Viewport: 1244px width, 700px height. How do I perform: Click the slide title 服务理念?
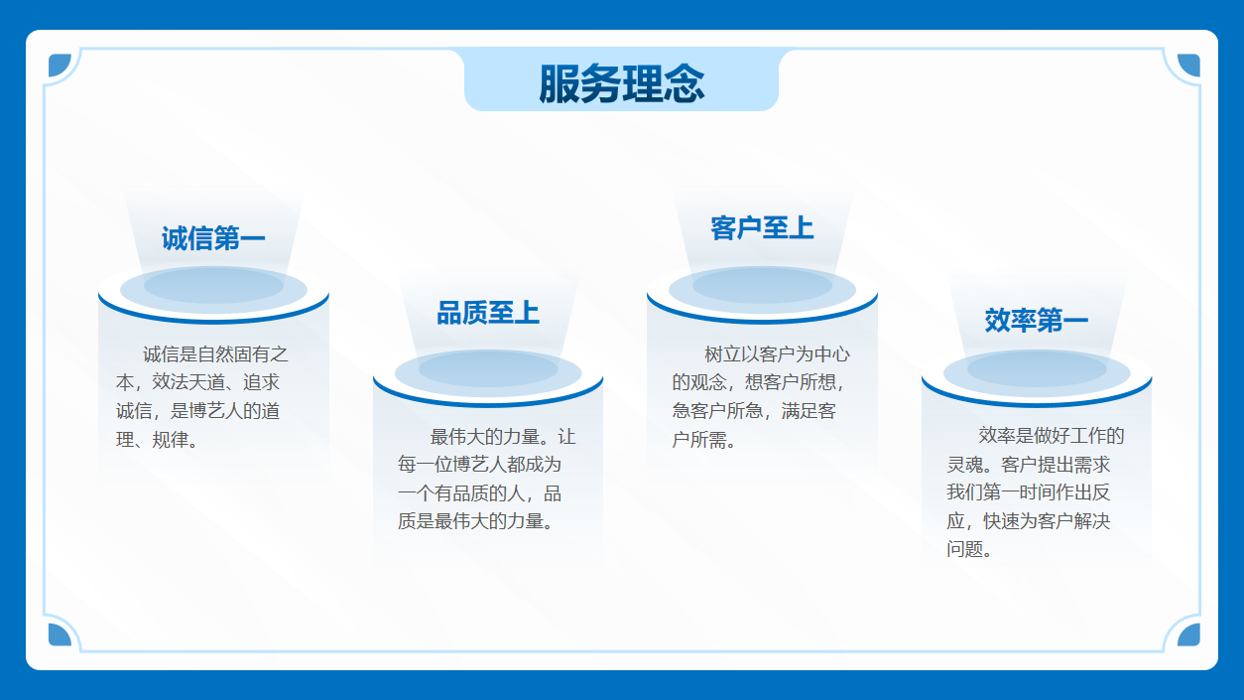point(621,83)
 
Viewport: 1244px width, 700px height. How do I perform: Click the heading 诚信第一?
point(213,238)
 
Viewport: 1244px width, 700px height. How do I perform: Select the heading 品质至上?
point(488,313)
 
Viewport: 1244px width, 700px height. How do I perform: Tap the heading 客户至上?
point(762,228)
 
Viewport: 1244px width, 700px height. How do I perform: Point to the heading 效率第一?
point(1037,321)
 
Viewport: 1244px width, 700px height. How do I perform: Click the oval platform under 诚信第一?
point(214,294)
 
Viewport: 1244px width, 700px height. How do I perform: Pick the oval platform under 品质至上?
point(488,377)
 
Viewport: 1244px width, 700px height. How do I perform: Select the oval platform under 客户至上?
point(762,294)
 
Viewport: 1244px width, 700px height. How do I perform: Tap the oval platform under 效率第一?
point(1037,377)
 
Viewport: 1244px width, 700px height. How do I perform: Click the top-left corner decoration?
point(59,66)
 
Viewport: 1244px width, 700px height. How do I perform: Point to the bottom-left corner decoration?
point(59,634)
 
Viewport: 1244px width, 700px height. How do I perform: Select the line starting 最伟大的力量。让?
point(503,437)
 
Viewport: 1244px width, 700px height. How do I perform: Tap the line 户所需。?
point(703,440)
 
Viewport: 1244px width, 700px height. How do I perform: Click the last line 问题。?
point(969,549)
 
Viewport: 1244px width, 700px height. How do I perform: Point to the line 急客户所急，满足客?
point(754,411)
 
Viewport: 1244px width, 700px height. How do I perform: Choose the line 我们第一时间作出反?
point(1029,492)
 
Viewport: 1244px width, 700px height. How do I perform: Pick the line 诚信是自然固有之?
point(215,354)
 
